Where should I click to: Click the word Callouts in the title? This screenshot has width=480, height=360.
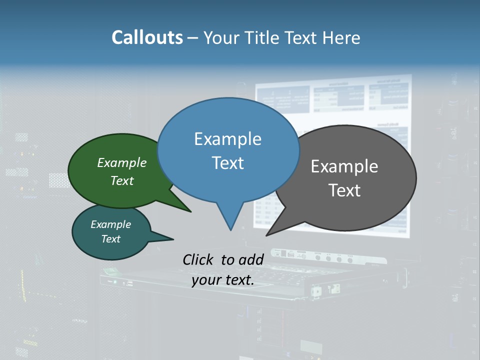[x=147, y=37]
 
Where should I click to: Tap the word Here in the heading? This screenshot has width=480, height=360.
[x=340, y=37]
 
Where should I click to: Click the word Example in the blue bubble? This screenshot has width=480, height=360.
[x=227, y=139]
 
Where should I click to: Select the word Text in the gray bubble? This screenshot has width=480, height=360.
[x=344, y=190]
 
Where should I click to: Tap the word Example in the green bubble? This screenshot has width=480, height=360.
[x=122, y=162]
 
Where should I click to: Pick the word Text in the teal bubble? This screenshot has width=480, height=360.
[x=111, y=239]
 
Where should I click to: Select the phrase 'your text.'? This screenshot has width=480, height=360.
[x=223, y=280]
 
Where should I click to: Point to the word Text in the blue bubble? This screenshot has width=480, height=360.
[x=227, y=163]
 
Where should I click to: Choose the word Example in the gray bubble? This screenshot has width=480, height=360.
[x=344, y=166]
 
